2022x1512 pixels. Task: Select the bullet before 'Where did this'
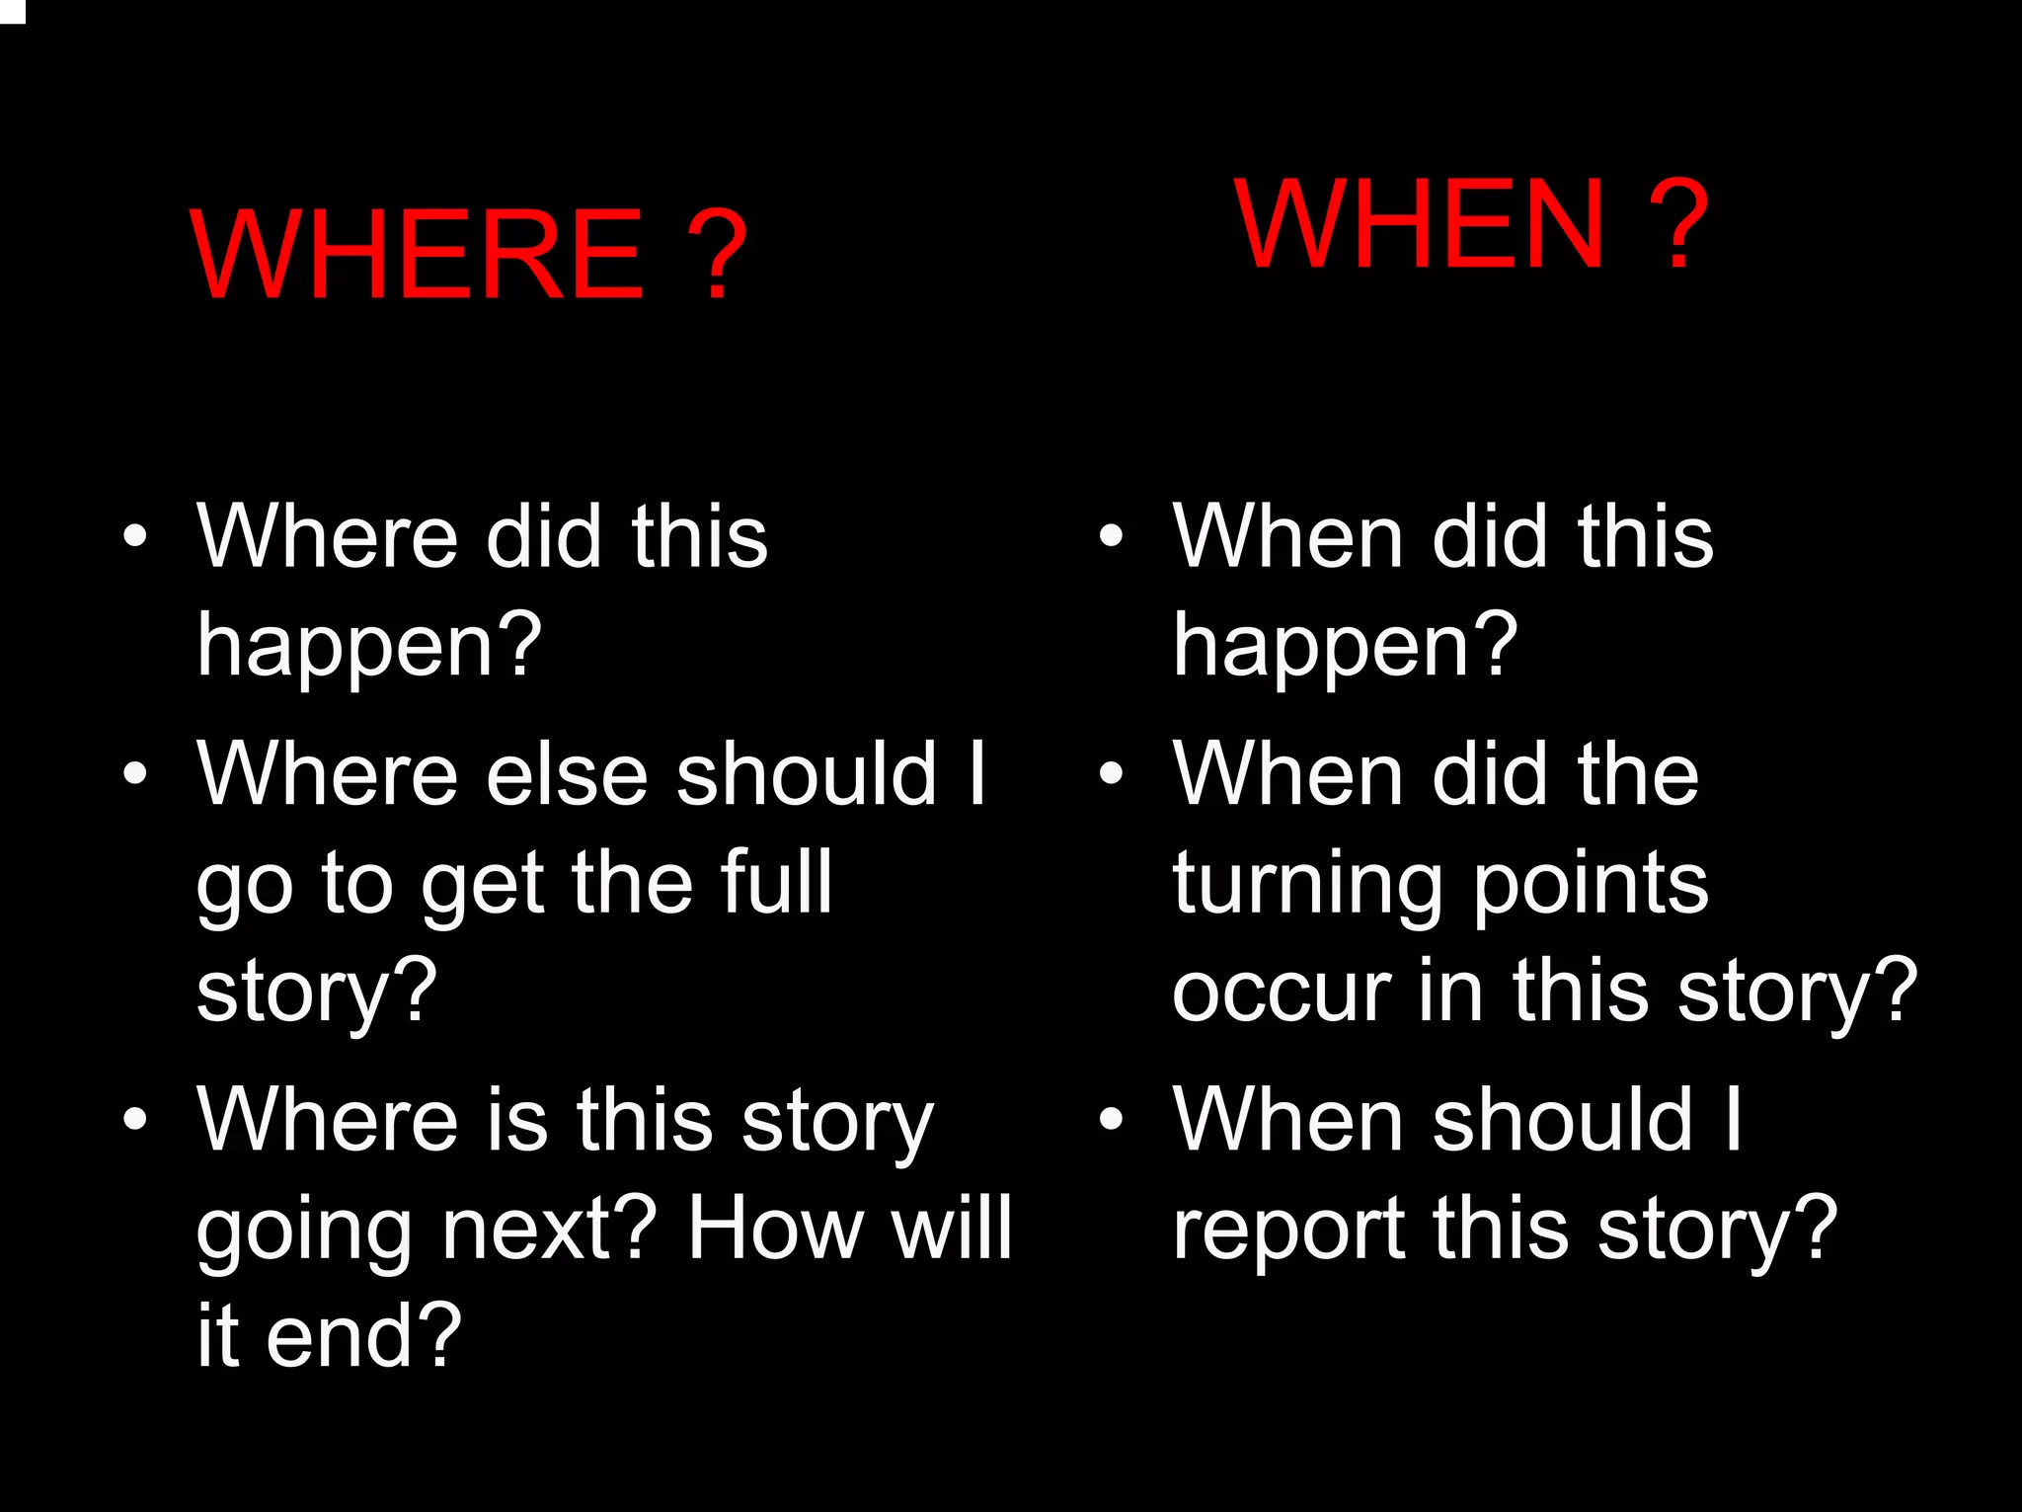pyautogui.click(x=135, y=536)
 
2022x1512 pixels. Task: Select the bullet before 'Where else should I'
pyautogui.click(x=135, y=773)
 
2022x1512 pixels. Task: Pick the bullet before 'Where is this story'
pyautogui.click(x=135, y=1119)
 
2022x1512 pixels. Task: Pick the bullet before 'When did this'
pyautogui.click(x=1112, y=536)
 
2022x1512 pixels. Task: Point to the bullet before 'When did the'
pyautogui.click(x=1112, y=773)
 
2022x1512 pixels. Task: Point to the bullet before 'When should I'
pyautogui.click(x=1112, y=1119)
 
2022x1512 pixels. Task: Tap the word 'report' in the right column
pyautogui.click(x=1288, y=1231)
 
